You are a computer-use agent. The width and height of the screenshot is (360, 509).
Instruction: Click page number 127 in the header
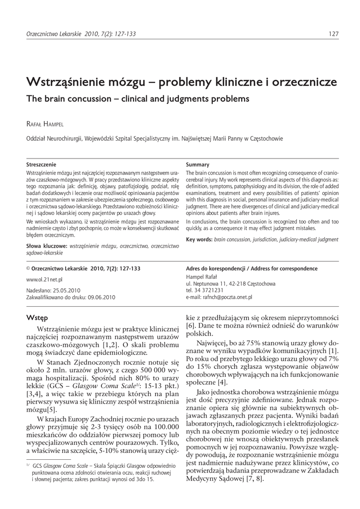point(334,34)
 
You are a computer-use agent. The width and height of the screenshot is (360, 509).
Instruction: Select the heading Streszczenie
point(41,164)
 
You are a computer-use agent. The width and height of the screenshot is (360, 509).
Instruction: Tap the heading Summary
point(197,164)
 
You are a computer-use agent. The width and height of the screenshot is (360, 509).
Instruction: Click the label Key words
point(198,239)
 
